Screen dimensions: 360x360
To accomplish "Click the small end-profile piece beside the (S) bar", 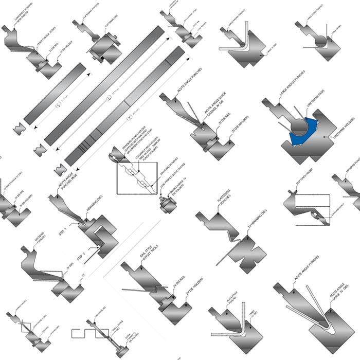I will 21,129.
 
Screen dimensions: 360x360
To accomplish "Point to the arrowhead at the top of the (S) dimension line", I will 90,74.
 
